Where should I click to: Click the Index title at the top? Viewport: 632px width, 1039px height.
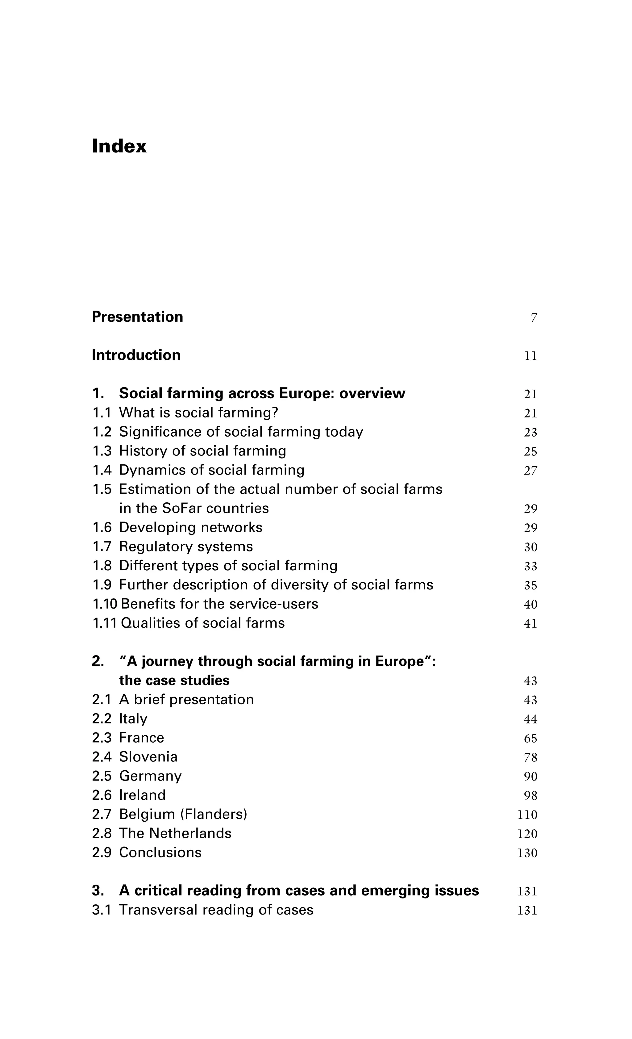[x=119, y=146]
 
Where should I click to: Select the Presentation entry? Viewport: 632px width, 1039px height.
[x=137, y=317]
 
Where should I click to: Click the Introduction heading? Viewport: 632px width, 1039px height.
[x=136, y=355]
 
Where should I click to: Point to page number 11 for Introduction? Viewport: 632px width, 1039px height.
[x=530, y=356]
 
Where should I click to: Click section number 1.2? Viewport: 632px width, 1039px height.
[x=102, y=432]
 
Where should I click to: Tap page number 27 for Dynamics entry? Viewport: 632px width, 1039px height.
[x=530, y=471]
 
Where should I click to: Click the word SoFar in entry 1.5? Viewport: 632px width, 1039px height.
[x=181, y=509]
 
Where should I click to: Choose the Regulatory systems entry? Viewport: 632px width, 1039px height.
[x=186, y=547]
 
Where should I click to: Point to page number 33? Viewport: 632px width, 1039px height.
[x=530, y=566]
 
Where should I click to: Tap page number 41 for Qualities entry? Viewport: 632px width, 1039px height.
[x=530, y=624]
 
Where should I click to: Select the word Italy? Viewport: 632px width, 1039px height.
[x=133, y=719]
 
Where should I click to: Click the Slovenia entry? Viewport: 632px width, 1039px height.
[x=148, y=757]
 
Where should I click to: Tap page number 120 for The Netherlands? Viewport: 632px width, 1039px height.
[x=527, y=834]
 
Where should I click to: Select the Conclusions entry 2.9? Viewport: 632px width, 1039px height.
[x=160, y=852]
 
